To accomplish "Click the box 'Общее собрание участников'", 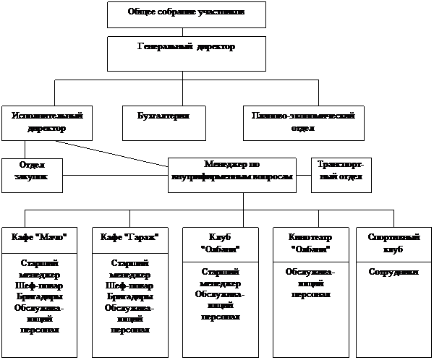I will click(186, 14).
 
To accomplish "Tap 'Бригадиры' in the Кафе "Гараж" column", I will click(129, 298).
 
